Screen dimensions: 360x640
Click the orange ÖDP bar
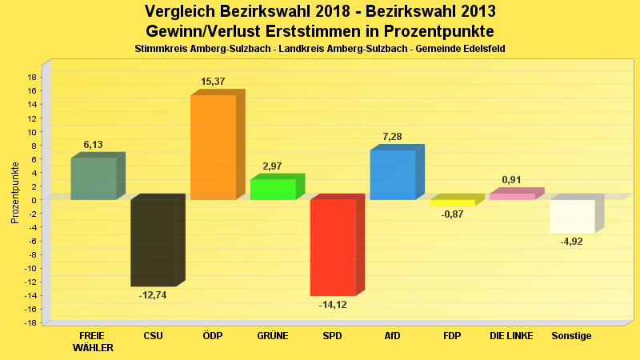pos(213,147)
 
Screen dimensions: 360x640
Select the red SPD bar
pos(333,247)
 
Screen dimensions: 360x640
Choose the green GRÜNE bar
pos(273,190)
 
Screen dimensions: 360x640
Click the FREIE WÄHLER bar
pos(94,178)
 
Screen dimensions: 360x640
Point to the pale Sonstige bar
pos(572,216)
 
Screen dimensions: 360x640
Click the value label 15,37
pos(213,82)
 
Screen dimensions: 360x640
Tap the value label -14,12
pos(333,304)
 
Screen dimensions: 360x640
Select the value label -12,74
pos(153,294)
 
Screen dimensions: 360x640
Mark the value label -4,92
pos(572,241)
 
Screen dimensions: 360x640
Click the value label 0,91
pos(512,180)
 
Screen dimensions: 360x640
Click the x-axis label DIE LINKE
pos(512,336)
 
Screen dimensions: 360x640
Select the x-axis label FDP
pos(452,336)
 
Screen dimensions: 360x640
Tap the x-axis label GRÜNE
pos(273,336)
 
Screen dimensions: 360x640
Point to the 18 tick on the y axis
pos(32,77)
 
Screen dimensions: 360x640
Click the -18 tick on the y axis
pos(30,323)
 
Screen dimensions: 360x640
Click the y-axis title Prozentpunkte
pos(14,192)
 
